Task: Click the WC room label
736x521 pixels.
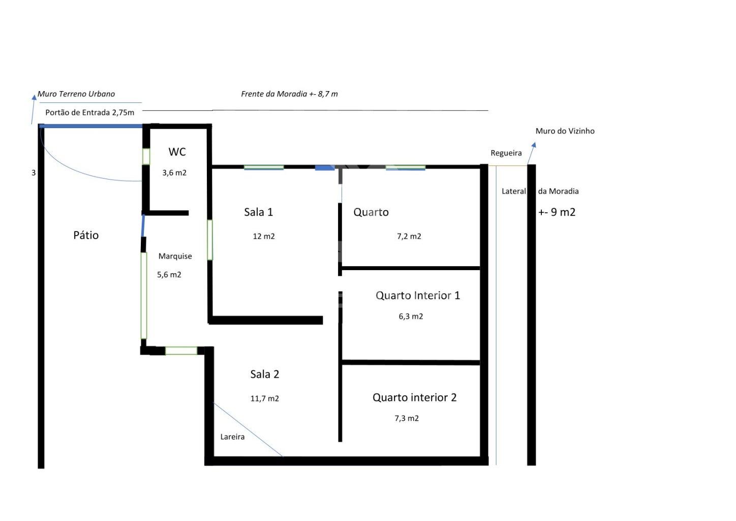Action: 177,152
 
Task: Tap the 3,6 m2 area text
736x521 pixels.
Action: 174,172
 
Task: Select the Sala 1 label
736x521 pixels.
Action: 259,212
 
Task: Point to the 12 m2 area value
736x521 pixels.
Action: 264,236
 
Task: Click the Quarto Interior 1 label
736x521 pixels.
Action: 418,296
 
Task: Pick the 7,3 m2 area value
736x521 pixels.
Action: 407,418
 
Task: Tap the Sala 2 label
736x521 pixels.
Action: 265,374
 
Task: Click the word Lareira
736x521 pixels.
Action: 232,437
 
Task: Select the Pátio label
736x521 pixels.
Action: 86,235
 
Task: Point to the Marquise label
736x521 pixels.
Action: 175,256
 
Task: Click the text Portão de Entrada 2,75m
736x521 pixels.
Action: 89,112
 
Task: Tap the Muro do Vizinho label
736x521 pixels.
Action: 565,131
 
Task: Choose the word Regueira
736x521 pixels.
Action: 506,153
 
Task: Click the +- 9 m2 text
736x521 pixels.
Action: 557,212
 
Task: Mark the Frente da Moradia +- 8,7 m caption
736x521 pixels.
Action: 289,94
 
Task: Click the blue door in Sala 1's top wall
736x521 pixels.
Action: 325,168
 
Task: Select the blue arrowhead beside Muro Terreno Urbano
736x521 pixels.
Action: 34,97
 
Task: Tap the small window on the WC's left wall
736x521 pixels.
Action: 146,157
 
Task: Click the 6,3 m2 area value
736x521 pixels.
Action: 411,316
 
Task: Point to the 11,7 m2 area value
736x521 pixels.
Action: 264,399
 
